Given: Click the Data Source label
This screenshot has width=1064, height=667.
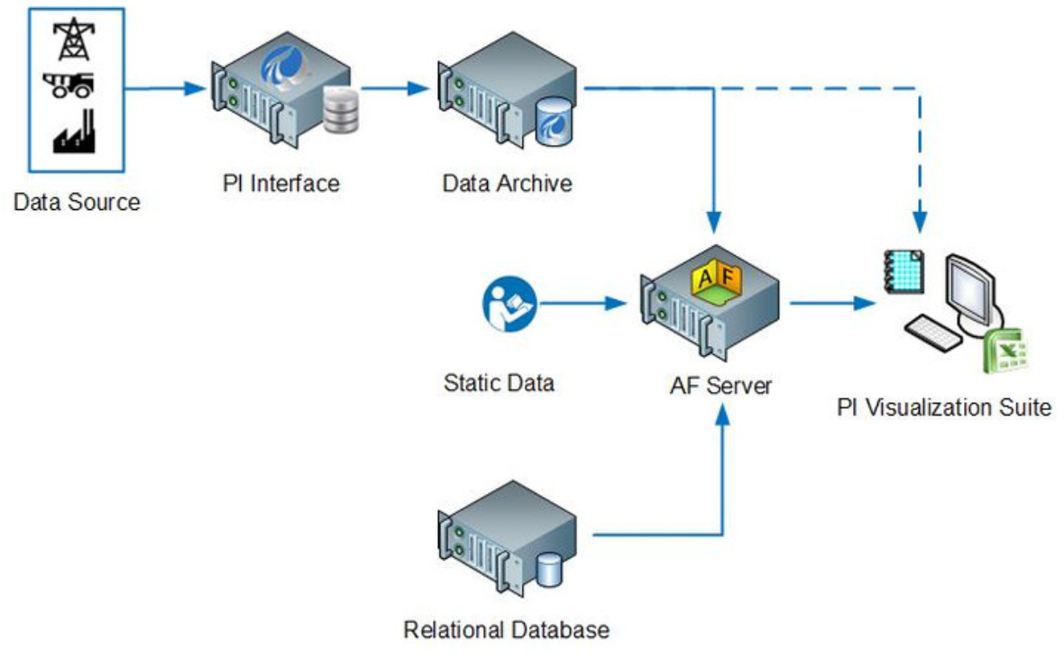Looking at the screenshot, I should tap(77, 202).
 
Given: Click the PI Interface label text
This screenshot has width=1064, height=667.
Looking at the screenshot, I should tap(280, 183).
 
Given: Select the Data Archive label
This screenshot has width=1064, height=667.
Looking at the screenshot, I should tap(507, 183).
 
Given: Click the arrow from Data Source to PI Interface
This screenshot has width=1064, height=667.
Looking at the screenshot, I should tap(162, 88).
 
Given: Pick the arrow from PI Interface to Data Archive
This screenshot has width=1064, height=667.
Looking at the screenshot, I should tap(392, 88).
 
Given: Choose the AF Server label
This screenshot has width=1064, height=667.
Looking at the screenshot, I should tap(721, 386).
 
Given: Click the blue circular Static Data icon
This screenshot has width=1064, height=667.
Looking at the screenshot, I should tap(509, 303).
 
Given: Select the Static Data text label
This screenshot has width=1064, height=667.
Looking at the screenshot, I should tap(499, 382).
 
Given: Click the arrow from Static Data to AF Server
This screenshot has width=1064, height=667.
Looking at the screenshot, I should tap(582, 303).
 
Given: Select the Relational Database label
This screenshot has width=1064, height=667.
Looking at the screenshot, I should tap(506, 629).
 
